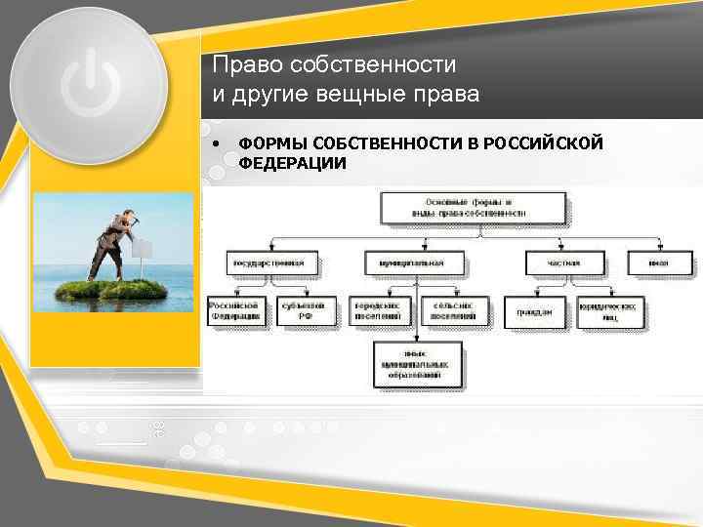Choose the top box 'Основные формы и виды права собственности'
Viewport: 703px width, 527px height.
tap(472, 206)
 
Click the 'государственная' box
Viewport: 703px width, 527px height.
tap(272, 263)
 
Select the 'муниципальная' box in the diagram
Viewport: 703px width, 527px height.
tap(417, 263)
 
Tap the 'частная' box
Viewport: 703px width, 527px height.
tap(563, 263)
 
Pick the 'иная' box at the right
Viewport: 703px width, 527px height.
tap(661, 263)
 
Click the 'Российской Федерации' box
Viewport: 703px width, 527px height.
tap(237, 310)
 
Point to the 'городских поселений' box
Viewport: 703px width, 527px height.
tap(379, 310)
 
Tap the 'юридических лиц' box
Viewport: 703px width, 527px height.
tap(610, 310)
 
